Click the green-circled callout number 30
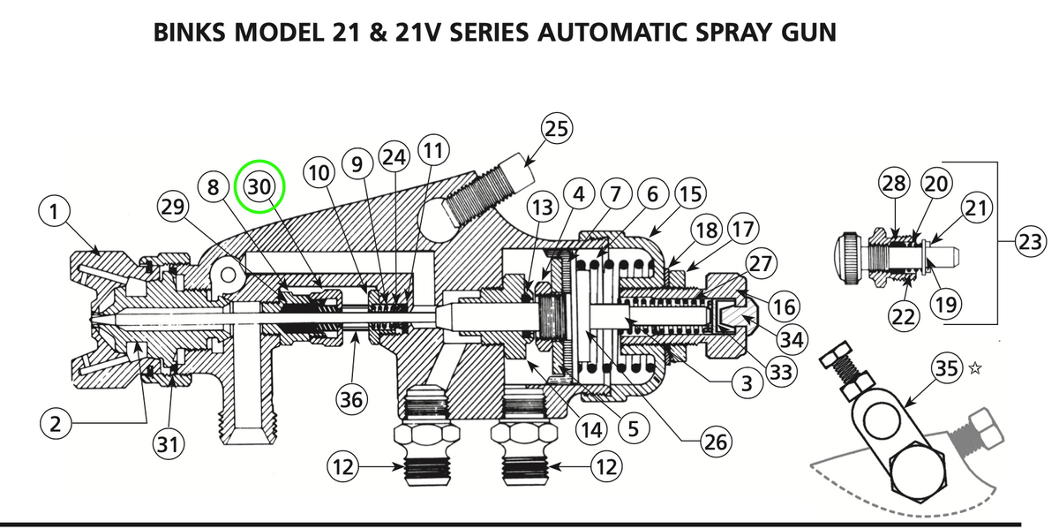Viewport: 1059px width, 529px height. [x=260, y=186]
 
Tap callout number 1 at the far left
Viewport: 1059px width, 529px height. [x=56, y=212]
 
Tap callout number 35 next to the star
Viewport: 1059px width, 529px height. [x=946, y=369]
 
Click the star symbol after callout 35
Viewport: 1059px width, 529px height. [x=976, y=369]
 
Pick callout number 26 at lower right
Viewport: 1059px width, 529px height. [x=713, y=441]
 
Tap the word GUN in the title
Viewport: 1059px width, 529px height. [x=806, y=33]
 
